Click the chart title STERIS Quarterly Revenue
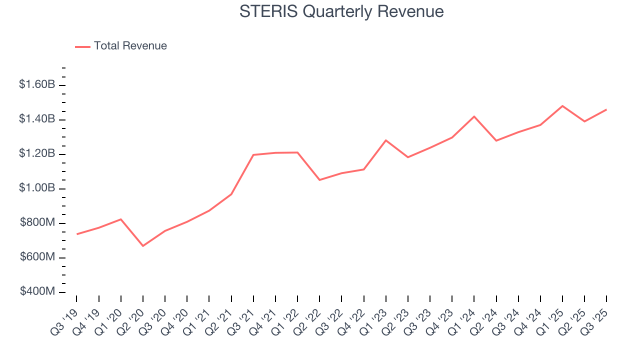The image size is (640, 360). tap(341, 11)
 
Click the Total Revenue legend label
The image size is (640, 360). tap(130, 46)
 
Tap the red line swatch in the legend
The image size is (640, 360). tap(82, 46)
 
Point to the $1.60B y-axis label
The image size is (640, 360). tap(37, 84)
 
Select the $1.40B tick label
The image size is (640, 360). tap(37, 119)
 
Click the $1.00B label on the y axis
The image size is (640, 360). tap(37, 188)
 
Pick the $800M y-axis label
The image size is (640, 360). tap(37, 222)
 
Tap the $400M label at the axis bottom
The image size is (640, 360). tap(37, 291)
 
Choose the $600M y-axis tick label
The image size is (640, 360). tap(37, 257)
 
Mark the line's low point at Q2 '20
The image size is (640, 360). tap(143, 245)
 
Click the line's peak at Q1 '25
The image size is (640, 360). tap(562, 106)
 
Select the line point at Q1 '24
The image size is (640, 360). tap(474, 116)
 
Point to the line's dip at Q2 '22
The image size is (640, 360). tap(319, 179)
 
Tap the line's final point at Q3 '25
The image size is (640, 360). tap(606, 109)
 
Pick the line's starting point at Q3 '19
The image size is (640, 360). tap(76, 234)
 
